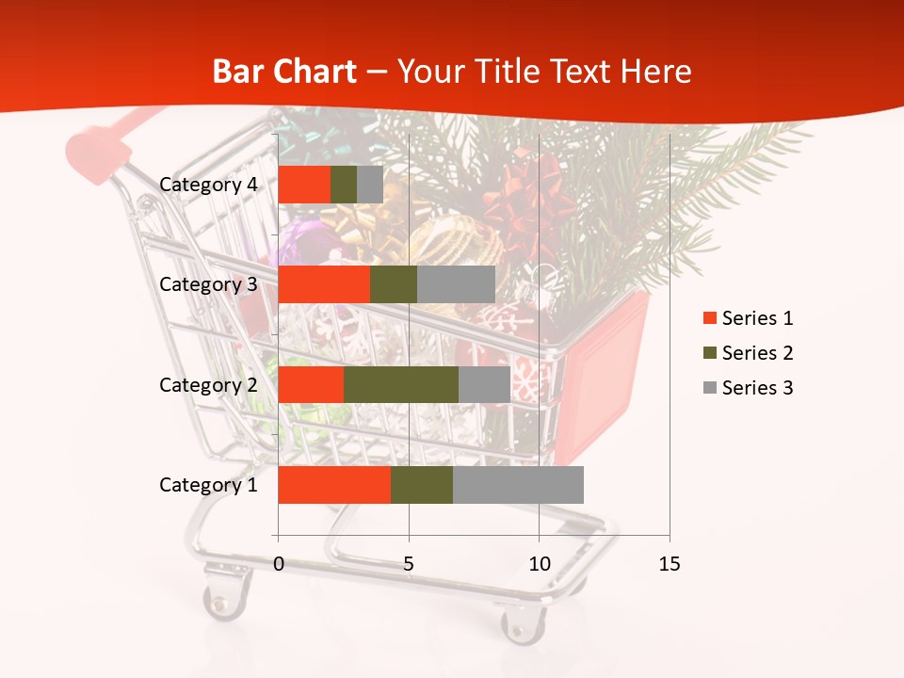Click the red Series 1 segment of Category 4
click(304, 185)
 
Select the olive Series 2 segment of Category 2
click(401, 384)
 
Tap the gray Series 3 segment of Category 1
click(518, 485)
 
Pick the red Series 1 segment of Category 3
click(324, 284)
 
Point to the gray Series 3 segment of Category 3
click(456, 284)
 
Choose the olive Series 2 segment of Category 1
click(422, 485)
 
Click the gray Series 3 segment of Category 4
click(370, 185)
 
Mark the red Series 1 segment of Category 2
click(311, 384)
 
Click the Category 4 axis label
click(208, 185)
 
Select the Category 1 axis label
click(208, 485)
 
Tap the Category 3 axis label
click(208, 284)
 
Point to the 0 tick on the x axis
click(279, 564)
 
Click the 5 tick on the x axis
click(409, 564)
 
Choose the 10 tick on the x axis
click(539, 564)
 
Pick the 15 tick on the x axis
click(669, 564)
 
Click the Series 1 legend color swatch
click(709, 318)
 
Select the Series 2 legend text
click(757, 353)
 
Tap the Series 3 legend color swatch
click(709, 388)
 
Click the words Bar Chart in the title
click(284, 72)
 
